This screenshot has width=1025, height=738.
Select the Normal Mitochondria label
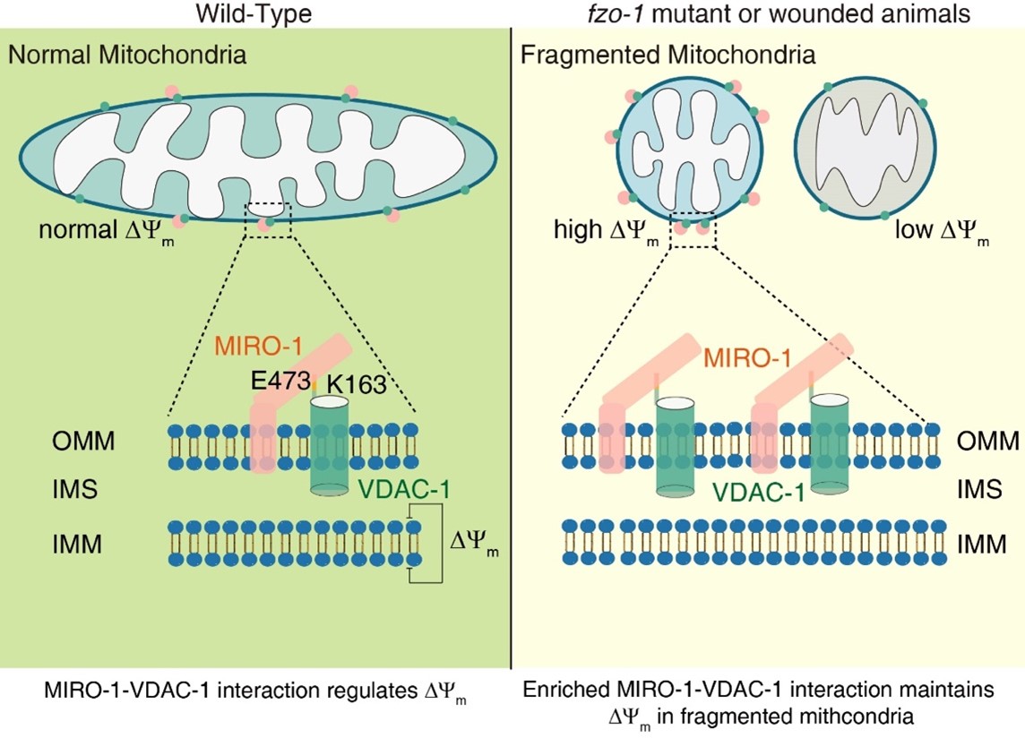coord(127,56)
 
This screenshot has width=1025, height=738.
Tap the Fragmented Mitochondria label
coord(668,56)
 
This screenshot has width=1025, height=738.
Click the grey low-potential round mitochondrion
coord(865,150)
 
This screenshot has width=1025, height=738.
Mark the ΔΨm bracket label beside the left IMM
coord(473,545)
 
